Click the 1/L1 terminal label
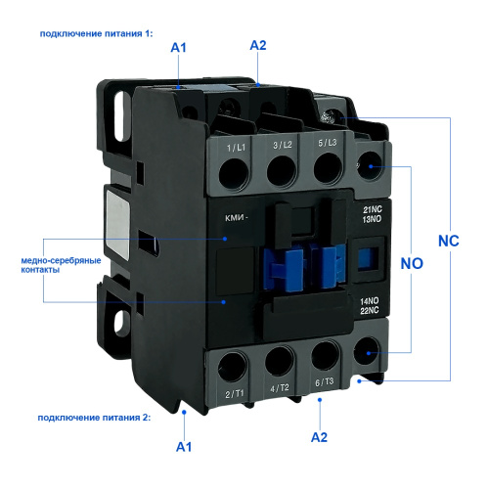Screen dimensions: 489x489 point(236,148)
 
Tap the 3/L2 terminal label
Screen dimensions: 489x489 point(283,145)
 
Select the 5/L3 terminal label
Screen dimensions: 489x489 point(327,143)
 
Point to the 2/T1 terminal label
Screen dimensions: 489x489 point(235,394)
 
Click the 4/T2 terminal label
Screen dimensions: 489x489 point(280,388)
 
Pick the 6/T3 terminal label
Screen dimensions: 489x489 point(324,382)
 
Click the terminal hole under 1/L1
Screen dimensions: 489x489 point(234,173)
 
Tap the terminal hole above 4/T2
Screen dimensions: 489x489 point(280,361)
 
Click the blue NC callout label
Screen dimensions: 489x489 point(449,241)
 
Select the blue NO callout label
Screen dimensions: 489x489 point(412,263)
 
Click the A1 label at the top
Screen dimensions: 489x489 point(178,48)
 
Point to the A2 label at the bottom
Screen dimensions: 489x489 point(319,437)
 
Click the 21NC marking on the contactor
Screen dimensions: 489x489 point(373,209)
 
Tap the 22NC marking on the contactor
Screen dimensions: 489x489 point(370,310)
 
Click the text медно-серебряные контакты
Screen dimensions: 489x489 point(61,265)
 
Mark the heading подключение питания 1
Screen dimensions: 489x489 point(96,34)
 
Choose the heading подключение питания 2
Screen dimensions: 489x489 point(94,418)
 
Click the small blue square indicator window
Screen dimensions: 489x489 point(369,259)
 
